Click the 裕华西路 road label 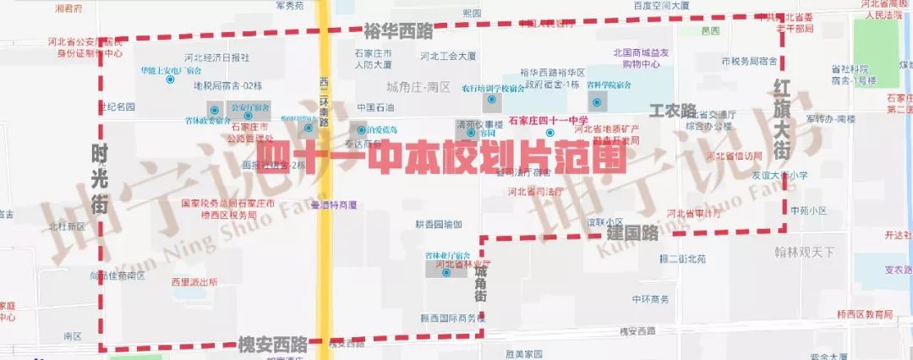click(397, 32)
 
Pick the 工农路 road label click(672, 111)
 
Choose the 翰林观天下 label click(804, 252)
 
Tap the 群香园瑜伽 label click(438, 225)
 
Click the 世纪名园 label click(116, 107)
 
